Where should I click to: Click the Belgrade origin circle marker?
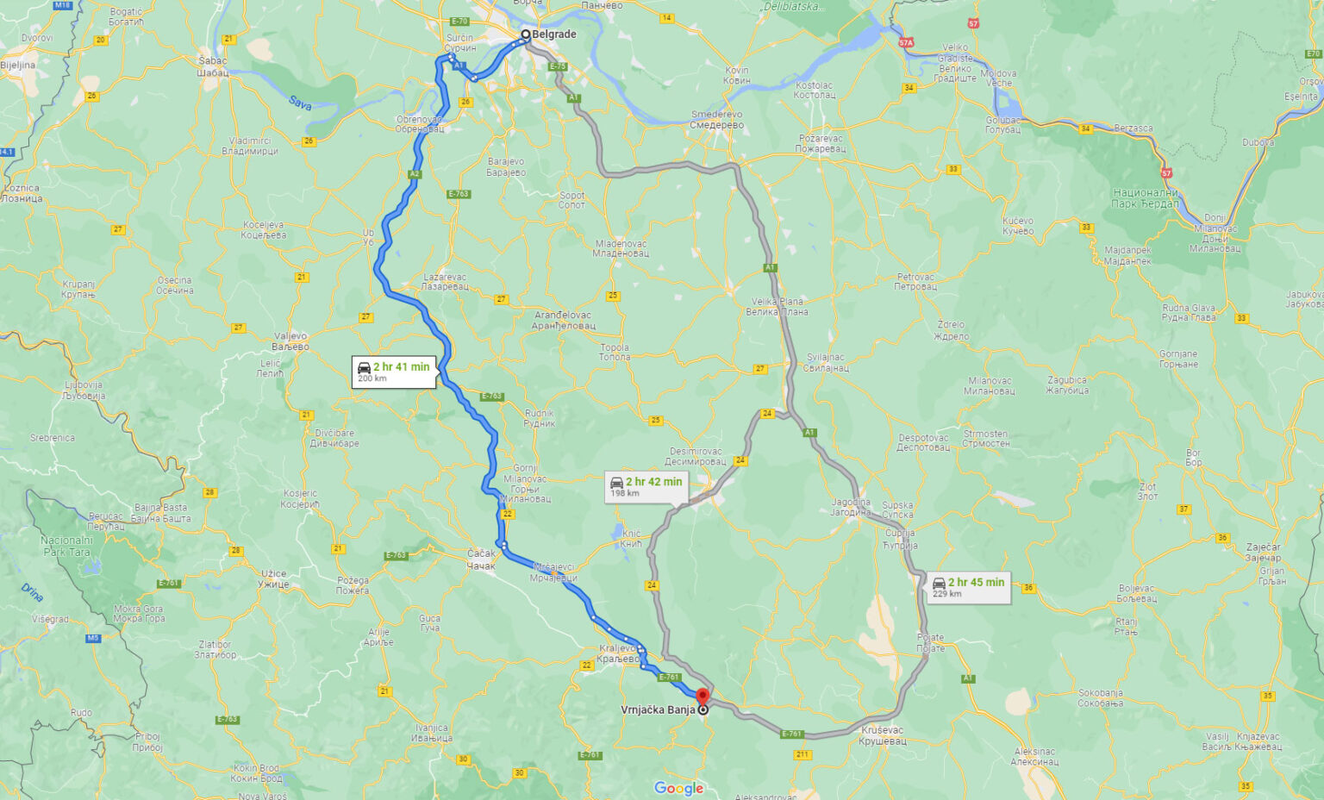(x=525, y=34)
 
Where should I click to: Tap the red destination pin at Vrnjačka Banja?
(x=703, y=697)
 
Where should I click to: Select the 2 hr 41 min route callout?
(x=394, y=372)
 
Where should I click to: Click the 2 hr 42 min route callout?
(x=646, y=486)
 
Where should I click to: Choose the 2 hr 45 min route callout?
(x=969, y=587)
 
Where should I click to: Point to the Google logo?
(x=678, y=788)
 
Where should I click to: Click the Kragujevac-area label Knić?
(x=631, y=538)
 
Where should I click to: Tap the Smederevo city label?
(x=716, y=120)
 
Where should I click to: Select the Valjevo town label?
(x=290, y=341)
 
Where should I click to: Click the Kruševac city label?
(x=883, y=735)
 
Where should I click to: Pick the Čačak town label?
(x=481, y=559)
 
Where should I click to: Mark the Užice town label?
(x=274, y=578)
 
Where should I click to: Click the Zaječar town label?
(x=1263, y=552)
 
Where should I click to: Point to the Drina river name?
(x=32, y=592)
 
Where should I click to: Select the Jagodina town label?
(x=851, y=507)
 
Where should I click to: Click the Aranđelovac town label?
(x=564, y=321)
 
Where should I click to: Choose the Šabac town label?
(x=213, y=66)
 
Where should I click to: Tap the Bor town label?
(x=1193, y=457)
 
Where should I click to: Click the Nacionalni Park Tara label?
(x=66, y=546)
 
